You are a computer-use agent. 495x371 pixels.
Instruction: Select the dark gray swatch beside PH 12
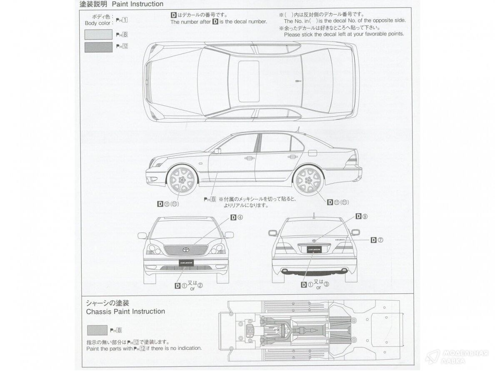click(x=98, y=47)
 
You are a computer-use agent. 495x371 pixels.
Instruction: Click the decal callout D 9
click(x=362, y=216)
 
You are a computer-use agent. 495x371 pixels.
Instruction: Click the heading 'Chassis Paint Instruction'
click(x=125, y=311)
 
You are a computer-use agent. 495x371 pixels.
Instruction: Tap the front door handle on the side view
click(x=250, y=158)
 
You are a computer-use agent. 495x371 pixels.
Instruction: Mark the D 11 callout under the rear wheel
click(x=338, y=202)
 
